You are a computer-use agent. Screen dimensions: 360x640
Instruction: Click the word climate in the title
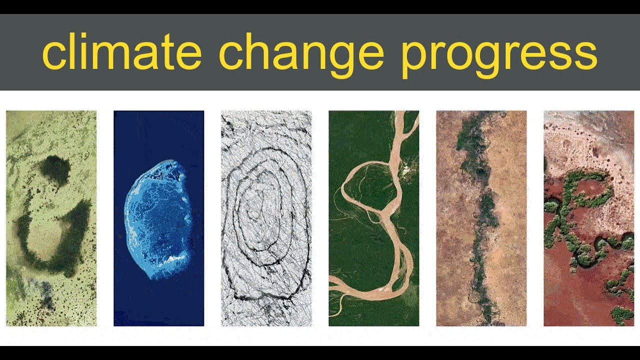(x=121, y=53)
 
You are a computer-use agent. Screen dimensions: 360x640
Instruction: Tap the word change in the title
(x=300, y=53)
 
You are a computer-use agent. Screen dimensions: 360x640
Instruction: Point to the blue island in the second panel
(x=157, y=220)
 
